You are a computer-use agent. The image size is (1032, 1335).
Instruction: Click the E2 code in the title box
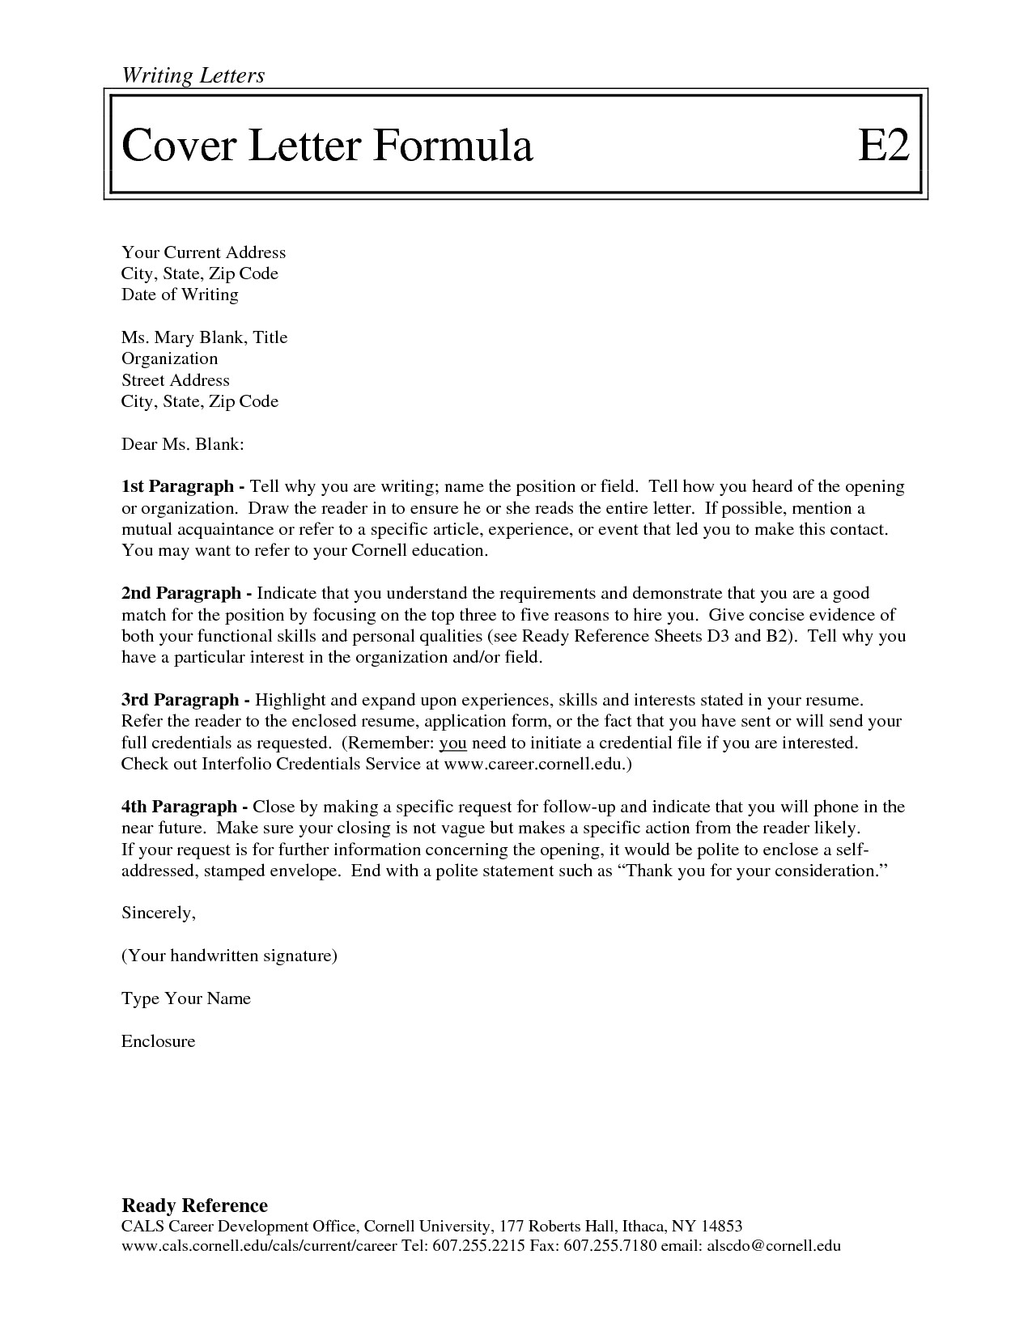(x=883, y=146)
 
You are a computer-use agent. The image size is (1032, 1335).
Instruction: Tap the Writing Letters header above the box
(x=193, y=75)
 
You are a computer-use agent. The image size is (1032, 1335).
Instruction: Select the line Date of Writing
(x=180, y=295)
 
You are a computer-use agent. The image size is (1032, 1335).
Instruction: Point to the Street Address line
(x=175, y=380)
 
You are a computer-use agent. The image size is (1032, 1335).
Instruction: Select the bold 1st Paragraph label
(x=183, y=487)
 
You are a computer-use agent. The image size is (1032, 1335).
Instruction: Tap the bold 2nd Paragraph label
(x=185, y=593)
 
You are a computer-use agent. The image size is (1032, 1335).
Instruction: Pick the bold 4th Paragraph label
(x=184, y=807)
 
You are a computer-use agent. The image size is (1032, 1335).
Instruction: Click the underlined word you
(x=453, y=743)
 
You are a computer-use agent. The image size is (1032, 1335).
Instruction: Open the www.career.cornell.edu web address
(x=536, y=764)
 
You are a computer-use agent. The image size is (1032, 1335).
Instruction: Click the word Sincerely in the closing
(x=158, y=913)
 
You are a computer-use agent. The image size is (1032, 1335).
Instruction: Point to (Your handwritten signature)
(x=229, y=956)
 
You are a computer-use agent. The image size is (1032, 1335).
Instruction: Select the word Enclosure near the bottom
(x=158, y=1041)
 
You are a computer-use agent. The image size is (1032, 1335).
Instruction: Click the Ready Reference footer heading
(x=194, y=1206)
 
